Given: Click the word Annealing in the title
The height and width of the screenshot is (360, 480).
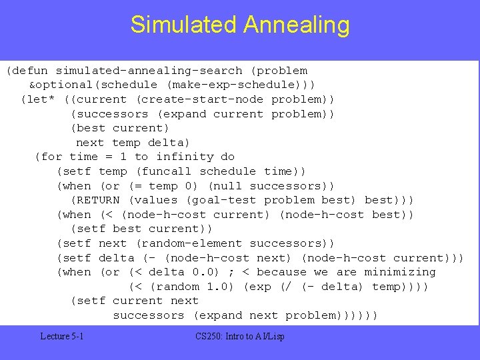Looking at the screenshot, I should pos(296,25).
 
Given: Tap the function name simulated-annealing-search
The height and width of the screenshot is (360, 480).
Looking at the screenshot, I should pos(149,71).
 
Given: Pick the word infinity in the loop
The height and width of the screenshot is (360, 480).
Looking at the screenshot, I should pos(185,157).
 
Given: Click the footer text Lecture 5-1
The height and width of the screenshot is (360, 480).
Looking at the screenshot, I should pos(61,337).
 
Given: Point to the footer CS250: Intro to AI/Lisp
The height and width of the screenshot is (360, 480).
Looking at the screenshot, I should pos(240,337).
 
